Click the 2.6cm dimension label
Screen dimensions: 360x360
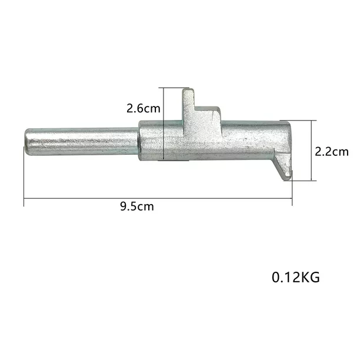click(x=143, y=108)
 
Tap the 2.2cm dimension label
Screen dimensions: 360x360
click(x=331, y=151)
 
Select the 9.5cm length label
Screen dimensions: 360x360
click(x=136, y=206)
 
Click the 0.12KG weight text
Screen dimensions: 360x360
click(x=295, y=277)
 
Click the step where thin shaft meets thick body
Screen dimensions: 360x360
click(x=139, y=142)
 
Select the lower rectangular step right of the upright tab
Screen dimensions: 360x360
click(x=209, y=115)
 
